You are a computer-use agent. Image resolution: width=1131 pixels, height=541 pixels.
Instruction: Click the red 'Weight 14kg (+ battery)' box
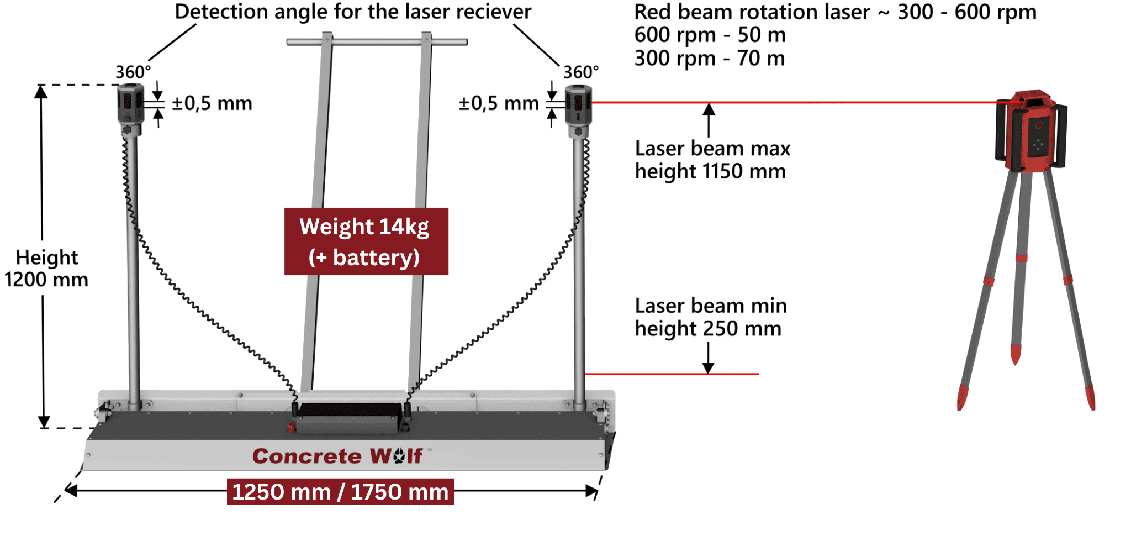(x=366, y=241)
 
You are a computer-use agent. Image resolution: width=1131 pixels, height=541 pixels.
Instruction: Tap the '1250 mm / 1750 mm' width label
(x=340, y=491)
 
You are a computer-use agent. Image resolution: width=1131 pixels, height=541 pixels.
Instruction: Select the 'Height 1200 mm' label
(x=46, y=268)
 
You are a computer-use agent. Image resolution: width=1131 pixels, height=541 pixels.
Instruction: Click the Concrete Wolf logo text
(x=337, y=456)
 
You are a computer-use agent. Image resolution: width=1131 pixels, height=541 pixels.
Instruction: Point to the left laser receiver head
(x=130, y=104)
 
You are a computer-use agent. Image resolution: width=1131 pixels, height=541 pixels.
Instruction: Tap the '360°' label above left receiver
(x=133, y=72)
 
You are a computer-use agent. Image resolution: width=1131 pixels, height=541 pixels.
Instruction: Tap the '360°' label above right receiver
(x=580, y=72)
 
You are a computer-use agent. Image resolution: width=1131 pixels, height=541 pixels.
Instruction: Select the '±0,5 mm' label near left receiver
(x=212, y=103)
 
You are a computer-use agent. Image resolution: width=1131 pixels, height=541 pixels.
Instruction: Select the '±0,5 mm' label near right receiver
(x=498, y=103)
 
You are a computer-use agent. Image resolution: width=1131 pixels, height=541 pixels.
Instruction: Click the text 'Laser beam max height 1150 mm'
(x=712, y=160)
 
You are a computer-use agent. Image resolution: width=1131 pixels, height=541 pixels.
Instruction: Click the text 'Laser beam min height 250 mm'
(x=710, y=317)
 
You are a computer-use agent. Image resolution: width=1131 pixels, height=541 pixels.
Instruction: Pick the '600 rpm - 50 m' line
(x=710, y=35)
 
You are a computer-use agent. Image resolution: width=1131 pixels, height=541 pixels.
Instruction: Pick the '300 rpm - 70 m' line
(x=710, y=58)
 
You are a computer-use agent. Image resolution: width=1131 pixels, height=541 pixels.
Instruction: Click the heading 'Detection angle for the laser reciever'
(x=353, y=12)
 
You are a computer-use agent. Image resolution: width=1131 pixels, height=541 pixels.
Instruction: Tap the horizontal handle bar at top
(x=377, y=41)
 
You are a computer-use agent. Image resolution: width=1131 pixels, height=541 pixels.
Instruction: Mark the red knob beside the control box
(x=291, y=427)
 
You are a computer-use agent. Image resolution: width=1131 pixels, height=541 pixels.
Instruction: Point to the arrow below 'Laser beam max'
(x=709, y=119)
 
